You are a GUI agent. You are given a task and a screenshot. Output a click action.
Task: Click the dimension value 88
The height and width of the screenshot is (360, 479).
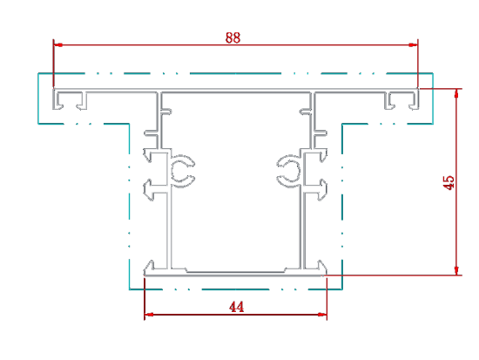coord(233,38)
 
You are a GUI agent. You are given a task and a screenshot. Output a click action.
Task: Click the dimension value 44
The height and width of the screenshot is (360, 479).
coord(236,307)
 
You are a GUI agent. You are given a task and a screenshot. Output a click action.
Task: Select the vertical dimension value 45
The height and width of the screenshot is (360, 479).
coord(449,182)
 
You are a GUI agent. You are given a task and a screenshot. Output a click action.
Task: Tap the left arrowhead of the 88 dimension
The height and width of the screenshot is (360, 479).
coord(58,45)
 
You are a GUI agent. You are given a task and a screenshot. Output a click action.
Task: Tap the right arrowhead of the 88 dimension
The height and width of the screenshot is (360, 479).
coord(413,45)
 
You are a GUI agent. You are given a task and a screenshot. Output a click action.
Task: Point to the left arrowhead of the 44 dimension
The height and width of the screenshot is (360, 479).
coord(149,314)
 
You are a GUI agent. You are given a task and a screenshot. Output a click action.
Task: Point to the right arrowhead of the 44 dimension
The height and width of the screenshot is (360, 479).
coord(322,314)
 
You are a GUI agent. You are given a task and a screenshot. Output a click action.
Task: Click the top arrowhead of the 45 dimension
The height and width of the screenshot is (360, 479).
coord(456,93)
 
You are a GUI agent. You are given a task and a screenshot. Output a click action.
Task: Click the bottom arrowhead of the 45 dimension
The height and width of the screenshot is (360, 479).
coord(456,271)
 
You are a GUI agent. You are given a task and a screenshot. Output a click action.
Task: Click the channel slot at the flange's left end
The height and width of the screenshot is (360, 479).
coord(70,99)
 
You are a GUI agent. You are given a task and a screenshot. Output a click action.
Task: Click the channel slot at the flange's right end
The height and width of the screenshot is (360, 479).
coord(401,99)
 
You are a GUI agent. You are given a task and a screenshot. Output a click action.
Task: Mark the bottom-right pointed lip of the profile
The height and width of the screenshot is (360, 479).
coord(321,266)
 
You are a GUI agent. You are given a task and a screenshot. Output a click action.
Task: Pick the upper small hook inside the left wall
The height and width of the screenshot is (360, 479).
coord(166,111)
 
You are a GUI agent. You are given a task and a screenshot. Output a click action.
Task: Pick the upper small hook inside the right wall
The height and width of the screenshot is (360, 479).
coord(305,111)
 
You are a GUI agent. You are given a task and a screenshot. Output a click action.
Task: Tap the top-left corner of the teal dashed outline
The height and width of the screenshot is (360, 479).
coord(38,73)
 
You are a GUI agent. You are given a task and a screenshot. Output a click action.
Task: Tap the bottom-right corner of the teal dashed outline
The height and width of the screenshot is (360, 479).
coord(342,289)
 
